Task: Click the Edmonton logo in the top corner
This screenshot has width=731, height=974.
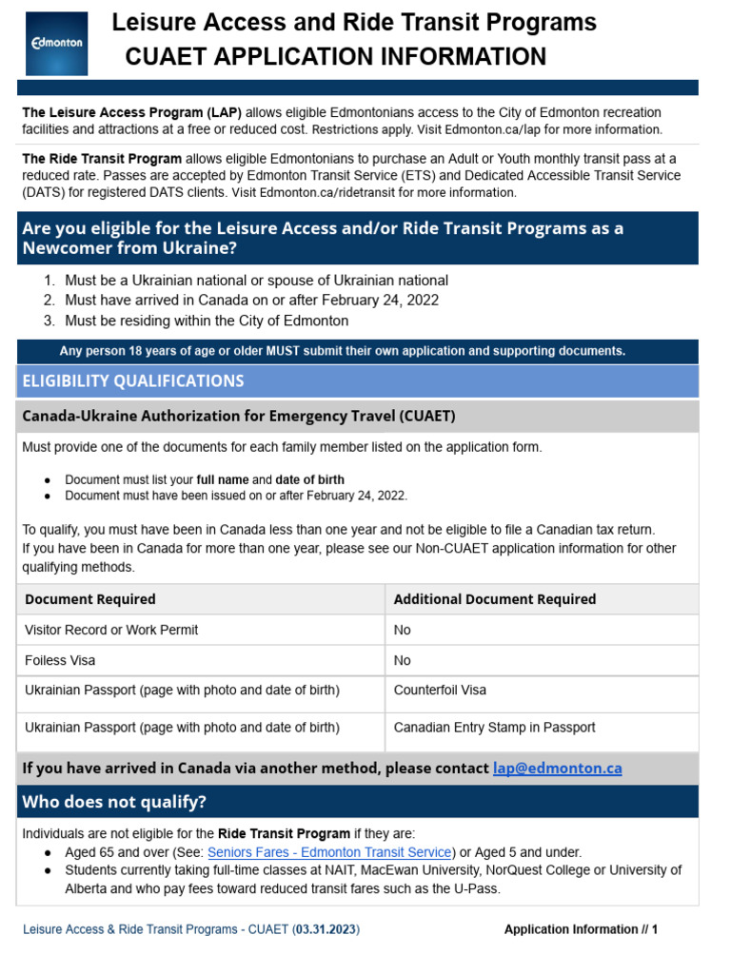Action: [x=57, y=43]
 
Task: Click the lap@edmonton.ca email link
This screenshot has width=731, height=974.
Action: [x=557, y=768]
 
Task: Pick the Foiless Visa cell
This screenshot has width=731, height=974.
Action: [x=60, y=660]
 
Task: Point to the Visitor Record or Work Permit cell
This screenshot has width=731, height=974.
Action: [x=111, y=630]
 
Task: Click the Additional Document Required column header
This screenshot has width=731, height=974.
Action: [x=494, y=599]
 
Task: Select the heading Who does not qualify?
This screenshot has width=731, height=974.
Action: [x=114, y=802]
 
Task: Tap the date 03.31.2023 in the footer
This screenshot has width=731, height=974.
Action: [x=326, y=929]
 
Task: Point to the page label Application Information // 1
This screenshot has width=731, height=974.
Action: [x=581, y=929]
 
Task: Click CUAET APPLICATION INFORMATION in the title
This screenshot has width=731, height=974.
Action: [x=336, y=57]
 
